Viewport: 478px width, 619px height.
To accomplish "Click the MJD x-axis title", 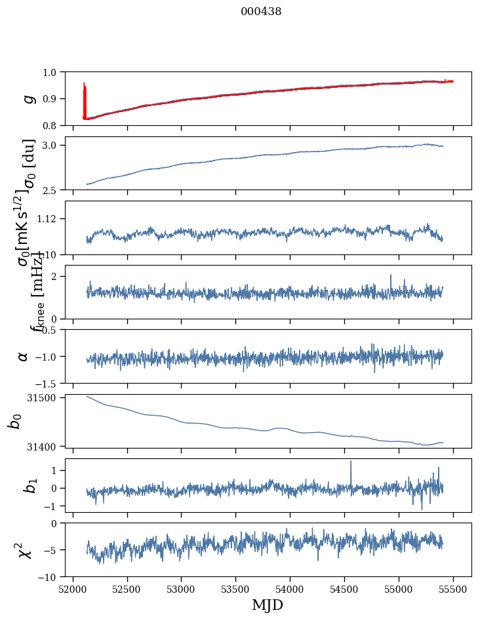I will [x=268, y=605].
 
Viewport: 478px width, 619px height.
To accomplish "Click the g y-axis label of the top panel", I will [x=28, y=98].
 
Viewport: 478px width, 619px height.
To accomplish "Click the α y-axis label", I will [x=23, y=356].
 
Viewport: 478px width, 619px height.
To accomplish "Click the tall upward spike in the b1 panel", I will [x=351, y=463].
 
